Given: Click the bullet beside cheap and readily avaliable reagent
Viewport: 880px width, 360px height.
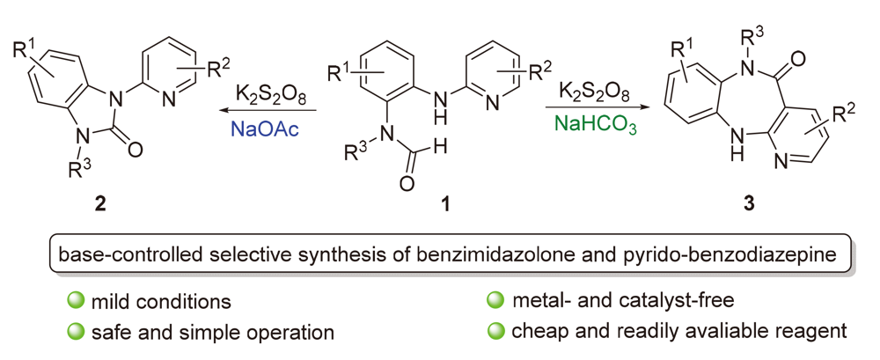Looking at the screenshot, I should click(x=495, y=332).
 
